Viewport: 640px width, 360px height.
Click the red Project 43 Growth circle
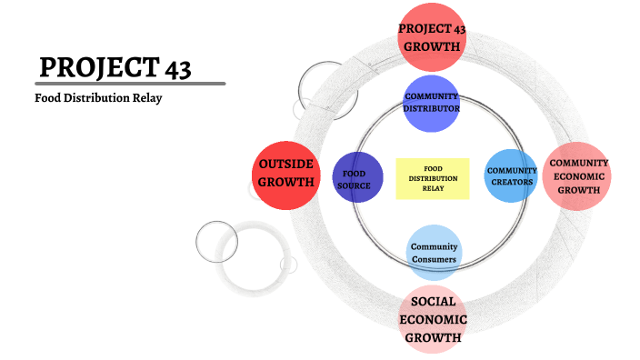coord(433,37)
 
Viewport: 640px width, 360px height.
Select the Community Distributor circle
coord(432,102)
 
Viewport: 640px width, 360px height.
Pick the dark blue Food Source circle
coord(353,179)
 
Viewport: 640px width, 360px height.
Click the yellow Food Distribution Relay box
coord(433,177)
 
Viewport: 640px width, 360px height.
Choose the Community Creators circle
coord(511,175)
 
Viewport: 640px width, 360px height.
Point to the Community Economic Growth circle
coord(577,176)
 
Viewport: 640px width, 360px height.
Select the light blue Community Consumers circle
coord(433,253)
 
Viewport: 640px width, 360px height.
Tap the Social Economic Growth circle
coord(433,319)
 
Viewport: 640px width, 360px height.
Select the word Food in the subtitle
coord(48,98)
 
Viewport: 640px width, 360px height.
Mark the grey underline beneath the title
coord(131,84)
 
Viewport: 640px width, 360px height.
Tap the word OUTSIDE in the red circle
coord(285,164)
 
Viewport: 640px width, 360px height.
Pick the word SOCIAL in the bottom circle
coord(433,302)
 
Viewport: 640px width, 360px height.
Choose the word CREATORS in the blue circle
coord(511,182)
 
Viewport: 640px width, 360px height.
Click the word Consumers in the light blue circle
coord(433,260)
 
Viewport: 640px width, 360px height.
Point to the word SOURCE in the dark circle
coord(353,186)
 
